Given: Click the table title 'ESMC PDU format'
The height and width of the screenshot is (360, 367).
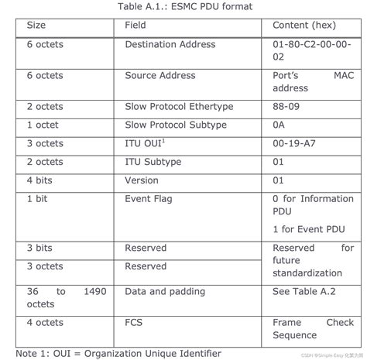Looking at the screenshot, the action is point(183,7).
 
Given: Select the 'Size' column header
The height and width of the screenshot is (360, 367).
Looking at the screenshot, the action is point(36,25).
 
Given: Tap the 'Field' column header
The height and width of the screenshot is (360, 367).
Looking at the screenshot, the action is point(135,25).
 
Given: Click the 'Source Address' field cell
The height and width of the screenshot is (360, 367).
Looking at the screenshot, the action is point(156,76).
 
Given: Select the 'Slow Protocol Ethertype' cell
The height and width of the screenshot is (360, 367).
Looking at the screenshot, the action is point(179,106).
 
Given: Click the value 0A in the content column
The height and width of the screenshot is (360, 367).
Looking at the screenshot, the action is point(280,125).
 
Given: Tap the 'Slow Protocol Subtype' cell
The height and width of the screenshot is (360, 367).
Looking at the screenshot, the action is point(175,125).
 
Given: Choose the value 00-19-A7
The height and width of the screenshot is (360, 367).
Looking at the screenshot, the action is point(293,143).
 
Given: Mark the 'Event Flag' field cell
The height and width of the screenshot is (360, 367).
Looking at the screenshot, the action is point(148,199).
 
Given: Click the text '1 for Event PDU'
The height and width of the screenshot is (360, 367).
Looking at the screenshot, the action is point(307,229).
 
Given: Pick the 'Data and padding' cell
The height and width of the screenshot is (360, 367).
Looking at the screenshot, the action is point(165,291).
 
